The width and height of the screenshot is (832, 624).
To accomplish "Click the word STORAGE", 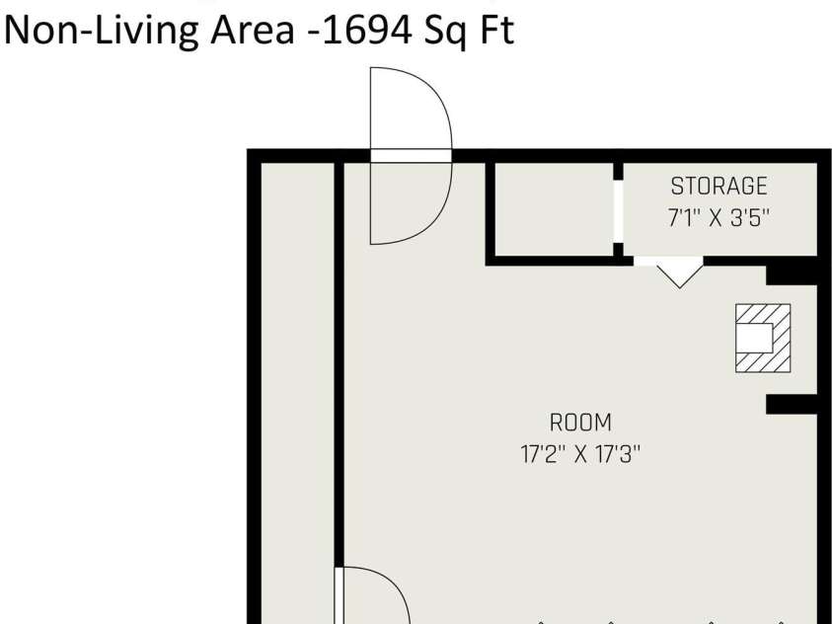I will click(719, 186).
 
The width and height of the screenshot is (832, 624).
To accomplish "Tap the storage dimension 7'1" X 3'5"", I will click(719, 217).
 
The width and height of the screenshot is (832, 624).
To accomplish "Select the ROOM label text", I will click(580, 424).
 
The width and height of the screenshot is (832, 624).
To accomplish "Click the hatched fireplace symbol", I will click(763, 338).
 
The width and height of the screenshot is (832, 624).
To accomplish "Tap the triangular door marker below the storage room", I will click(677, 273).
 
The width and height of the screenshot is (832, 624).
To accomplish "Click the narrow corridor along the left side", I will click(296, 395).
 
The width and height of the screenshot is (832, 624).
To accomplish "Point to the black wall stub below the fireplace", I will click(792, 403).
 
